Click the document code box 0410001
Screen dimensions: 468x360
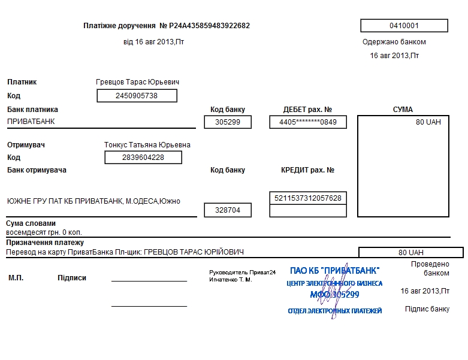[x=404, y=26]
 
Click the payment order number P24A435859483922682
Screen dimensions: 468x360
[x=209, y=26]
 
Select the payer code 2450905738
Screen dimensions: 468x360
[x=137, y=96]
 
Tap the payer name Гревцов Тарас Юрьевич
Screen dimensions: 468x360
[x=138, y=82]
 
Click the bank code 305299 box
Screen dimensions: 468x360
[x=228, y=122]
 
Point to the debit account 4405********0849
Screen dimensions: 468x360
[x=308, y=122]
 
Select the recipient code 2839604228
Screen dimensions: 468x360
[x=143, y=158]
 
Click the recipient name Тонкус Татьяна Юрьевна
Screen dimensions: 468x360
[x=147, y=145]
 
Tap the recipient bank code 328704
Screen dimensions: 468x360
[x=228, y=210]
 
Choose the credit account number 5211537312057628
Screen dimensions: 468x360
[x=308, y=198]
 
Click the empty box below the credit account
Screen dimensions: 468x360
[x=308, y=211]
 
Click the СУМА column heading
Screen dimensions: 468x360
[x=403, y=110]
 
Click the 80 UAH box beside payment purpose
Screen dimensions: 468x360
[x=411, y=252]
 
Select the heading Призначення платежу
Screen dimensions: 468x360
[x=45, y=243]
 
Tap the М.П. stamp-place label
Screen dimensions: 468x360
[x=16, y=278]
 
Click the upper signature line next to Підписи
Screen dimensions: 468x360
[x=149, y=281]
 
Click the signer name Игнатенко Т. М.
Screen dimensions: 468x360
[x=231, y=280]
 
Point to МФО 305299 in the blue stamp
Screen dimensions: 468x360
[x=334, y=295]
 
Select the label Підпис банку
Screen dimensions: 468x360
[x=427, y=309]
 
